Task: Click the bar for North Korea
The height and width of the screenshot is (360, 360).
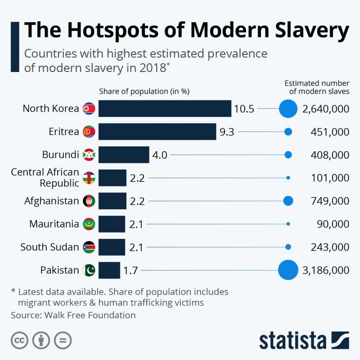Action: (165, 108)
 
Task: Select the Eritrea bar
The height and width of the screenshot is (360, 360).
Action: (157, 132)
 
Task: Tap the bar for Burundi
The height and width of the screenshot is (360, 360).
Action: (124, 155)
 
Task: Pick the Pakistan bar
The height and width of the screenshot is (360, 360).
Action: (109, 270)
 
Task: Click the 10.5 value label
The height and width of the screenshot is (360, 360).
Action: (244, 109)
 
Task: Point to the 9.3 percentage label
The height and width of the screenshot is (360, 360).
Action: (227, 132)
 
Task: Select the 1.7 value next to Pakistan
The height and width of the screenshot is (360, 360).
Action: (130, 271)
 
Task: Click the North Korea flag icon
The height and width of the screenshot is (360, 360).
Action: (89, 108)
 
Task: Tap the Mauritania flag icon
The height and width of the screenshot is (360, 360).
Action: (89, 224)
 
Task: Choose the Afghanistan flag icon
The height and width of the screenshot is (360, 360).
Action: (89, 201)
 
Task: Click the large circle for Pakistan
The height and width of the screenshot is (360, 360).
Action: (288, 270)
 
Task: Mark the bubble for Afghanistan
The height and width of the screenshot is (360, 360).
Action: (288, 201)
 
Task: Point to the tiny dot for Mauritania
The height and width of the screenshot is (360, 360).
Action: (288, 224)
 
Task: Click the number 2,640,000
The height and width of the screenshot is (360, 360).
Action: (325, 109)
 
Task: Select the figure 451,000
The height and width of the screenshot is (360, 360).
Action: (330, 132)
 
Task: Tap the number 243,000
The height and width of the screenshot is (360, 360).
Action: (330, 247)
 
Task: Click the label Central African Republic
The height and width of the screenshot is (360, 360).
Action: (45, 178)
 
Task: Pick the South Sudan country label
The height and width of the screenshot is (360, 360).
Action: (50, 247)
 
